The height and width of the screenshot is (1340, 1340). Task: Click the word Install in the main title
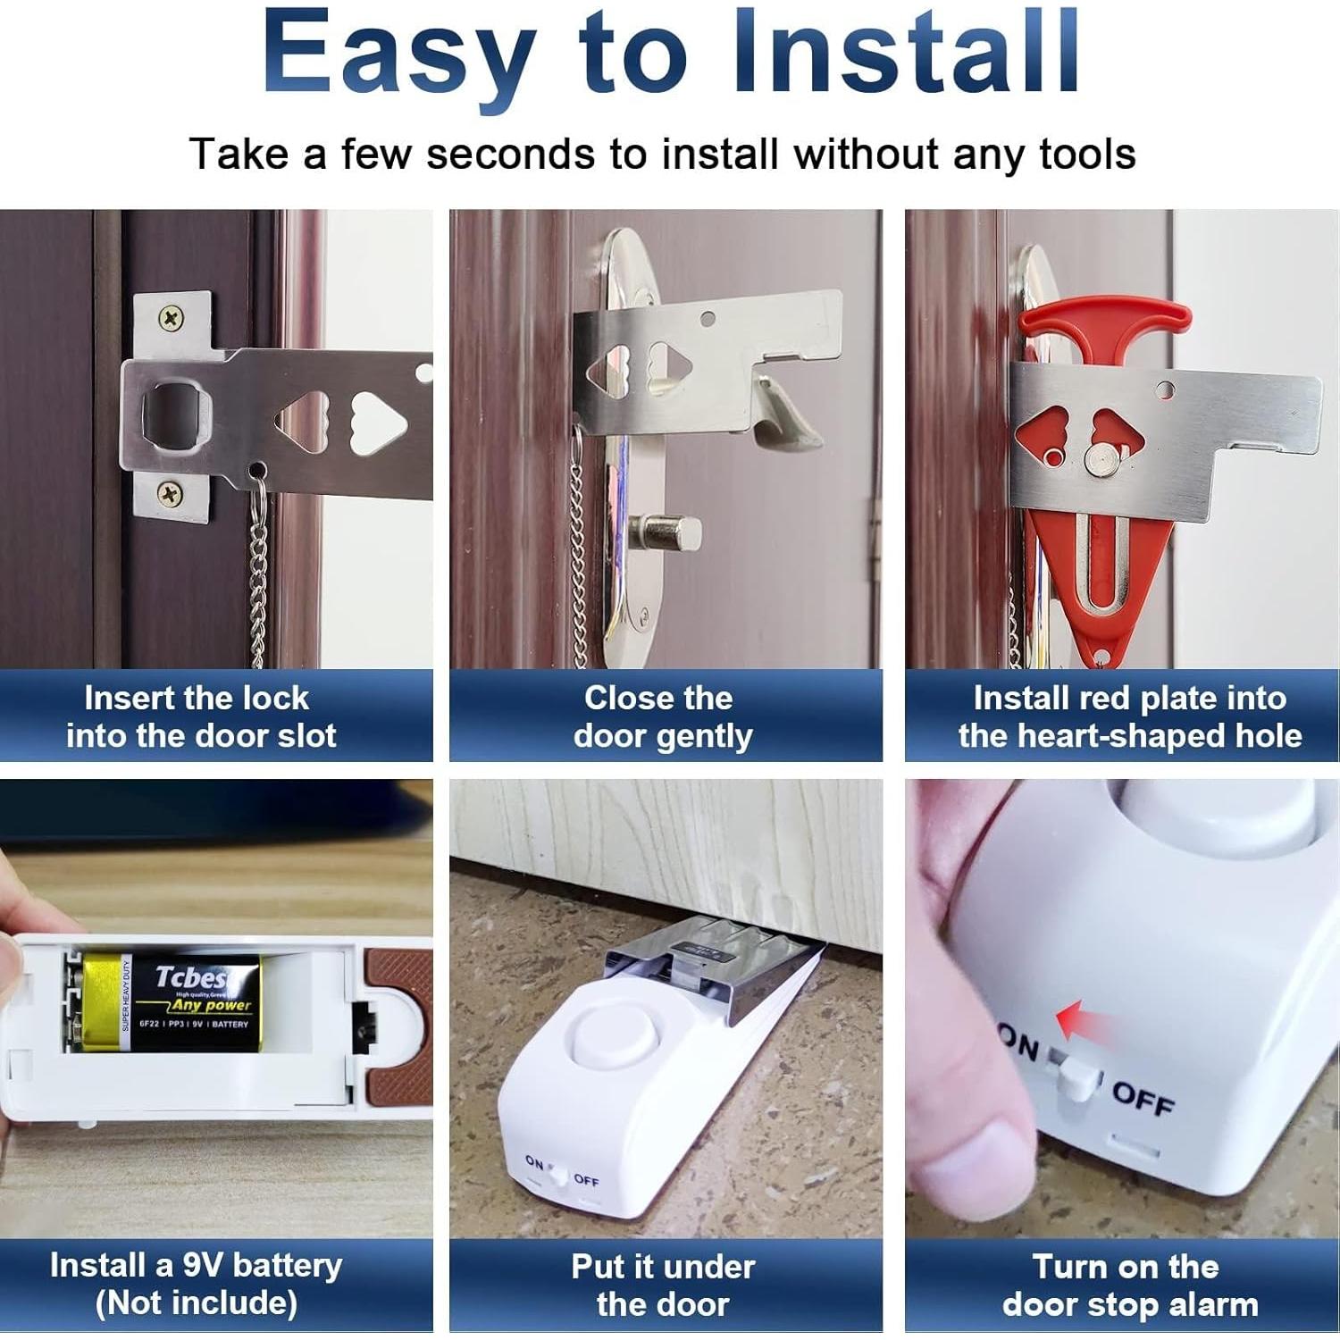coord(906,54)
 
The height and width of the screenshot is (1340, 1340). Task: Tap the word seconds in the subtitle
coord(510,155)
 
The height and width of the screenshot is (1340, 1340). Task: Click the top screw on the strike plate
coord(171,317)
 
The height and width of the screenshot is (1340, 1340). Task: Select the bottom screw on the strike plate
coord(171,492)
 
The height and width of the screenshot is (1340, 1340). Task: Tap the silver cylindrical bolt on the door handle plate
coord(666,534)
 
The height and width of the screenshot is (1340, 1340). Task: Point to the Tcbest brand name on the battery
coord(190,977)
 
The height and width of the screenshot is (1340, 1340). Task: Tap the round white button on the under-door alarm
coord(613,1042)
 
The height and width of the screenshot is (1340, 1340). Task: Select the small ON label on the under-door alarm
coord(534,1162)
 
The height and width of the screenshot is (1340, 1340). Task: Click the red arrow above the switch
coord(1083,1019)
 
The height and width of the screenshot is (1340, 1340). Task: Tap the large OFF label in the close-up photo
coord(1143,1098)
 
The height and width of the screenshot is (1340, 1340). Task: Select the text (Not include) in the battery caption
coord(197,1303)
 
